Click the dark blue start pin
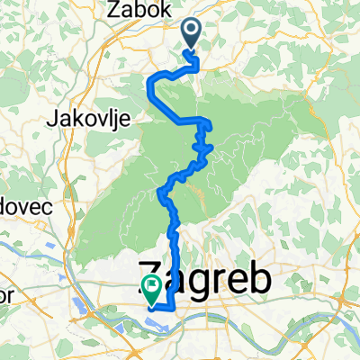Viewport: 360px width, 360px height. click(x=193, y=33)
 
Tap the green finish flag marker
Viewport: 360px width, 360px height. click(x=150, y=288)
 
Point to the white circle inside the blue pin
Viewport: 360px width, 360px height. click(x=193, y=30)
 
